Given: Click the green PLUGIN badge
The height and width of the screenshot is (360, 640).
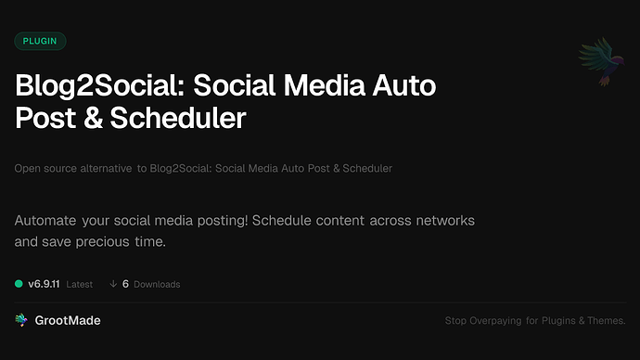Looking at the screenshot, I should tap(40, 41).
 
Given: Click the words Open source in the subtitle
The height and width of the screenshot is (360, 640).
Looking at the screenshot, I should tap(44, 169).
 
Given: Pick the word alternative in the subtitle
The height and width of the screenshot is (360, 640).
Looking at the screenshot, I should tap(103, 169).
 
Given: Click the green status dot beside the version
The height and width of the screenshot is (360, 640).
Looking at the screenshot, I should tap(19, 284).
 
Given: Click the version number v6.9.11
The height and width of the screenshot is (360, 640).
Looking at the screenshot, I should tap(45, 284).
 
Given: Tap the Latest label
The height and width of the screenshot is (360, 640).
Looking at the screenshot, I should tap(80, 284).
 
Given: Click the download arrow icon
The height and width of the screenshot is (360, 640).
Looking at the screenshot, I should tap(112, 284).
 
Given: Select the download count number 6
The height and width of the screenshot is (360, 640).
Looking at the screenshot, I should tap(125, 284).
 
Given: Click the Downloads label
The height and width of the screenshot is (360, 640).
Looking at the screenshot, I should tap(157, 284).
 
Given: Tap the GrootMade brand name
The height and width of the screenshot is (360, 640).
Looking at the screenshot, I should tap(67, 320).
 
